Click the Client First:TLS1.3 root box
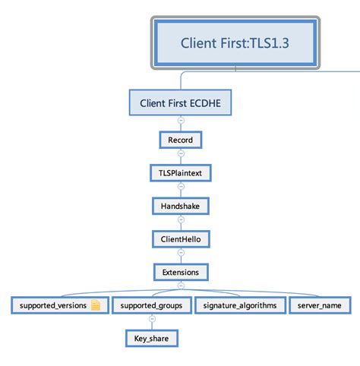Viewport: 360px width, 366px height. [x=235, y=43]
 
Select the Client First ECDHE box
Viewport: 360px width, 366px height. [x=180, y=103]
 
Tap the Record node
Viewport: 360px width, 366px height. [x=181, y=140]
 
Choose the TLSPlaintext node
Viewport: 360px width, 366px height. [x=181, y=173]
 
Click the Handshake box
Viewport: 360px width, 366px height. [x=181, y=206]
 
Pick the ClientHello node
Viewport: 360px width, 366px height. [x=181, y=239]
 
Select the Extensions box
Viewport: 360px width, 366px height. [x=181, y=272]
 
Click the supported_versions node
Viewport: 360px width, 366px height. [x=60, y=305]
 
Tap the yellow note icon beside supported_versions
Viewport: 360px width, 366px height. [x=96, y=305]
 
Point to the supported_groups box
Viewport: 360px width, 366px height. [x=151, y=305]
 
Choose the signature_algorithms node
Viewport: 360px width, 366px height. [x=240, y=305]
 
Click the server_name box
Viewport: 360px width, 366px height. [x=320, y=305]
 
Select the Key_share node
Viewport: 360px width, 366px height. [x=152, y=339]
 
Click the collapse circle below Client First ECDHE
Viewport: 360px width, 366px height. [x=181, y=120]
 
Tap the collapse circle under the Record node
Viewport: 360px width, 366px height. [x=181, y=153]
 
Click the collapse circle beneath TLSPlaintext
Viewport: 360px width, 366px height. [x=181, y=186]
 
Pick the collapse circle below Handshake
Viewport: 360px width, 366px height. [x=181, y=219]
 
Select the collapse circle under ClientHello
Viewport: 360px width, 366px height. [x=181, y=252]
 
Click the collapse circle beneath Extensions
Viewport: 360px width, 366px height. [x=181, y=286]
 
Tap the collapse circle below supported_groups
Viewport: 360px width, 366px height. [x=152, y=319]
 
